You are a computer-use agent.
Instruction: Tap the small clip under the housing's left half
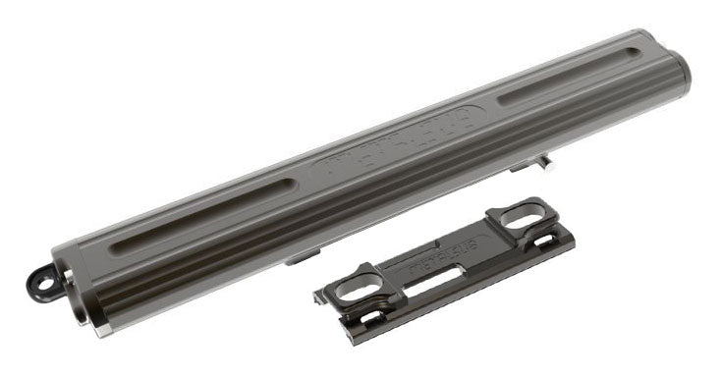301,259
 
